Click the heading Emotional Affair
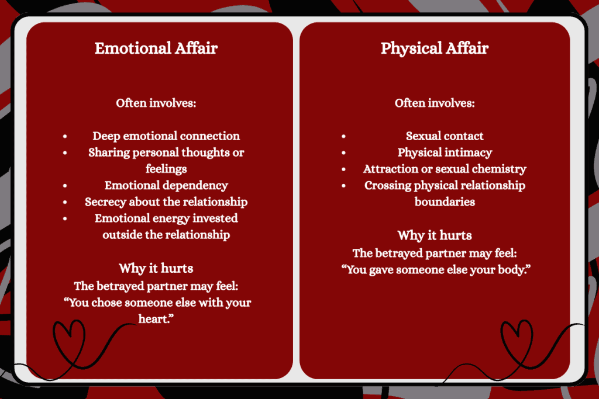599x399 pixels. (156, 48)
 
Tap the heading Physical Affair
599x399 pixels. (435, 48)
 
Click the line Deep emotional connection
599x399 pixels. (166, 136)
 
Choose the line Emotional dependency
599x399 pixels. (166, 185)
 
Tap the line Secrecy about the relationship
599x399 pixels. (166, 202)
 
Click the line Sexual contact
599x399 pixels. (445, 136)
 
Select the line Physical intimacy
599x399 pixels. (445, 152)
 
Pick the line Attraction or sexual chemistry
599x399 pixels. (445, 169)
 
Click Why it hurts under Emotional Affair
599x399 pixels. (156, 269)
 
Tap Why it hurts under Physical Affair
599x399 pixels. (435, 235)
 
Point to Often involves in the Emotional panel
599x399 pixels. (156, 103)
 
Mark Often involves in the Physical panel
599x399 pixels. (435, 103)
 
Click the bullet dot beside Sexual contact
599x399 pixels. (343, 136)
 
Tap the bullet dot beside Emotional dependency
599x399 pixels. (65, 185)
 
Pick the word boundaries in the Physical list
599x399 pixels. (445, 202)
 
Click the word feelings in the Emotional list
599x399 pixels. (166, 169)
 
